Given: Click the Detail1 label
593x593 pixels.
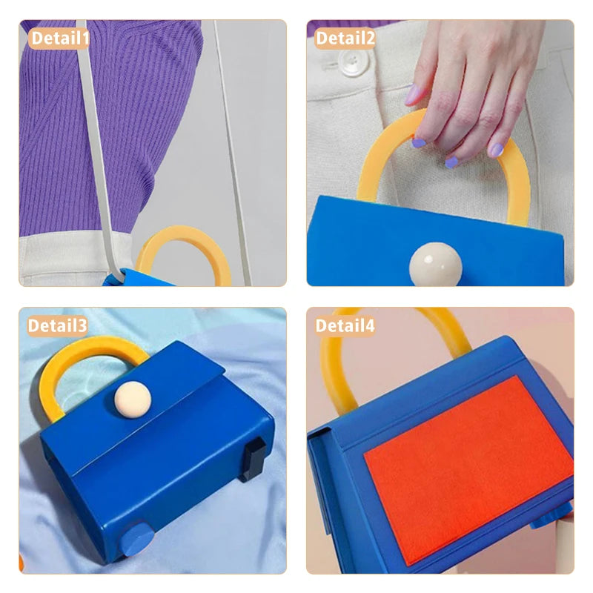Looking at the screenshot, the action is pyautogui.click(x=59, y=39).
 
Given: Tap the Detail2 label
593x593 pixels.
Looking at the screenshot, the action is pyautogui.click(x=345, y=39).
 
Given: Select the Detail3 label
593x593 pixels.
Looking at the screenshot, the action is pyautogui.click(x=58, y=325).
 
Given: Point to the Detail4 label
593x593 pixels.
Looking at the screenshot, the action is pyautogui.click(x=345, y=325).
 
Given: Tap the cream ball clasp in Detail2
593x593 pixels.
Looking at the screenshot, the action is pyautogui.click(x=435, y=265).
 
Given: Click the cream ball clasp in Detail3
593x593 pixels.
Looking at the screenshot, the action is pyautogui.click(x=133, y=400).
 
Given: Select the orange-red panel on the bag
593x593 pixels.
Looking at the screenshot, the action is pyautogui.click(x=469, y=469).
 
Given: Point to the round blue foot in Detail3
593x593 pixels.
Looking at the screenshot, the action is pyautogui.click(x=136, y=540).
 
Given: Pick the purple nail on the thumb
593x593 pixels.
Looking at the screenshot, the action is pyautogui.click(x=412, y=95).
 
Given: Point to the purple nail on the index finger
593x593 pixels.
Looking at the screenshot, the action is pyautogui.click(x=419, y=143).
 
